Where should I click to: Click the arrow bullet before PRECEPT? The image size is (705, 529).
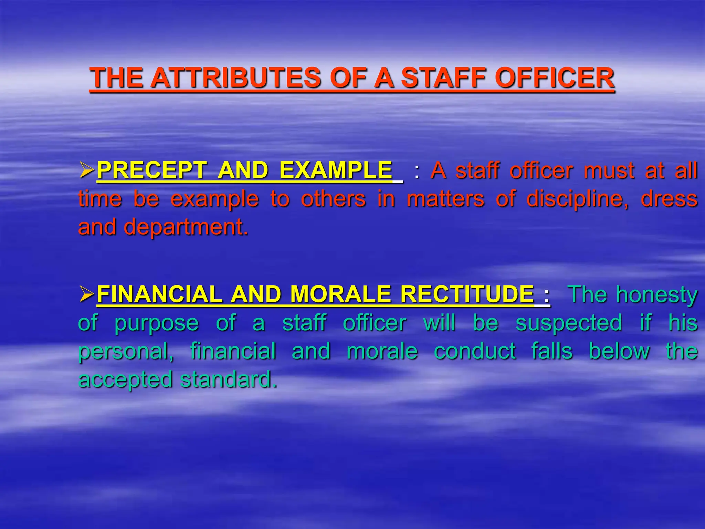click(x=86, y=170)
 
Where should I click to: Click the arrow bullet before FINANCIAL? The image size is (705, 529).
click(x=86, y=294)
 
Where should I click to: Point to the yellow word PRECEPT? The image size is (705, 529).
click(x=152, y=170)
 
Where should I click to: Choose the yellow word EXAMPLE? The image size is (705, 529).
click(x=336, y=170)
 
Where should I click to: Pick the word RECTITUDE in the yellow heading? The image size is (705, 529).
click(x=467, y=294)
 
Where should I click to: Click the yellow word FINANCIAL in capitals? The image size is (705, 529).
click(x=159, y=294)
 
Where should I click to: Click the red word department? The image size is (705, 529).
click(x=186, y=228)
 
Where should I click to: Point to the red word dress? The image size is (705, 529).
click(x=669, y=199)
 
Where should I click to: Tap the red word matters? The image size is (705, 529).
click(x=445, y=199)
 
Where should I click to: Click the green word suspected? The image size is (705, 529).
click(x=569, y=323)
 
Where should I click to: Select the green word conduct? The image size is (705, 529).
click(x=475, y=351)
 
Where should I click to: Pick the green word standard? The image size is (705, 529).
click(x=229, y=380)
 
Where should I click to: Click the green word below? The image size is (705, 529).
click(x=619, y=351)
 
